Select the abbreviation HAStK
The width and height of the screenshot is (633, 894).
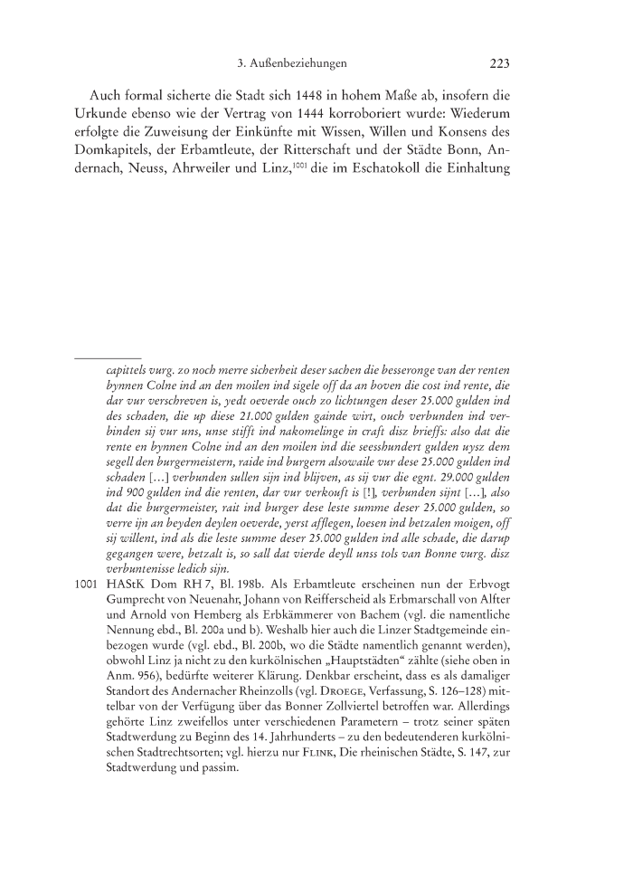coord(128,610)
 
